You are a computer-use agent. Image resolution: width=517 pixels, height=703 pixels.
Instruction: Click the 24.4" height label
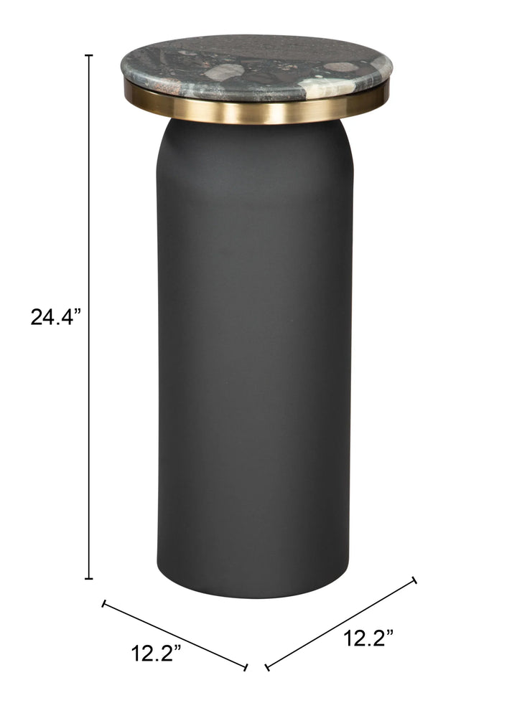point(55,317)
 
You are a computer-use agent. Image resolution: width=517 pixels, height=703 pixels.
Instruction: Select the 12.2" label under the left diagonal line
point(156,653)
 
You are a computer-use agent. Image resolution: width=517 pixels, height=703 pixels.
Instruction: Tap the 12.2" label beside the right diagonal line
point(368,638)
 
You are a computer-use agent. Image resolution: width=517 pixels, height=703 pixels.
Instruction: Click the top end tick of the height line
point(89,55)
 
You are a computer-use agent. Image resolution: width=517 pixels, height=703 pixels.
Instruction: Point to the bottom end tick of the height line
point(89,578)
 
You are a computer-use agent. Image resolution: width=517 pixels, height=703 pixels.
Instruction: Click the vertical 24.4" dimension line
point(89,316)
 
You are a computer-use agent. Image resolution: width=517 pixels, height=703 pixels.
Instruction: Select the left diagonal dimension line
point(175,636)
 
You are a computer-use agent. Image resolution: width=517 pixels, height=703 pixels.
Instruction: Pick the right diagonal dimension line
point(340,623)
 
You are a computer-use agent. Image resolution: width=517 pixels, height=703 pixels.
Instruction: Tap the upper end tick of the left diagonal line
point(104,603)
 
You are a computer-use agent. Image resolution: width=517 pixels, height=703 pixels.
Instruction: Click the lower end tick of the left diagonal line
point(246,668)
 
